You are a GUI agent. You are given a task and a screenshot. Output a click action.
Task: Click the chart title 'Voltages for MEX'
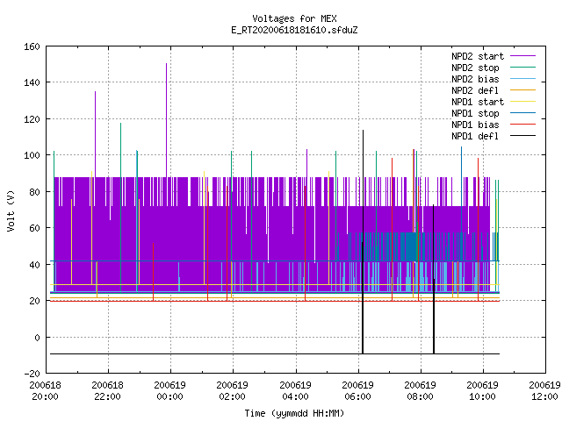point(294,18)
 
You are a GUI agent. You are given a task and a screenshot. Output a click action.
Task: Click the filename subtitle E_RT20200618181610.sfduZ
point(294,30)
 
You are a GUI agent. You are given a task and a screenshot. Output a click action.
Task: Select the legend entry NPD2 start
point(478,56)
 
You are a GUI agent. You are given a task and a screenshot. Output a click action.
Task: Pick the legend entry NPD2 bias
point(475,79)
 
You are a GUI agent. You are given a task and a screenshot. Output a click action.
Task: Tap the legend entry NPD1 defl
point(475,136)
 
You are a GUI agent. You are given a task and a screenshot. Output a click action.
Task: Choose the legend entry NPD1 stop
point(475,113)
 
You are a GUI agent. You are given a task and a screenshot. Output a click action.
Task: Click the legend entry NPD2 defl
point(475,90)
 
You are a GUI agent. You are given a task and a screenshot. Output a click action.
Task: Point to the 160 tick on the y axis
point(32,46)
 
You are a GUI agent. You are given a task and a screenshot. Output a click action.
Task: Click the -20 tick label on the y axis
point(32,374)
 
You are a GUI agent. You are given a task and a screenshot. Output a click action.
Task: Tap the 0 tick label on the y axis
point(37,337)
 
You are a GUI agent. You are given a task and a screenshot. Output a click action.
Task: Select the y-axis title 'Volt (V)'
point(11,211)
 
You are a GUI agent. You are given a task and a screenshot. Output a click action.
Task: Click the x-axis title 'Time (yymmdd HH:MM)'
point(294,413)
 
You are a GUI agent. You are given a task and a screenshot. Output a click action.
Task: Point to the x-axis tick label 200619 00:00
point(170,391)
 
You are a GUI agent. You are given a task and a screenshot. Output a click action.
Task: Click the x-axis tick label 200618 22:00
point(107,391)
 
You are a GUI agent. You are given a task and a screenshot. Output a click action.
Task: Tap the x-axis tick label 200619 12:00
point(544,391)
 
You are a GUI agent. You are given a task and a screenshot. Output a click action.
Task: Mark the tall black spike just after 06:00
point(363,242)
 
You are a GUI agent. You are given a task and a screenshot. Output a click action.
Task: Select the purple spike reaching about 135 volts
point(95,134)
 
